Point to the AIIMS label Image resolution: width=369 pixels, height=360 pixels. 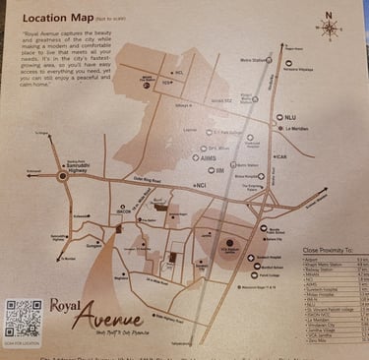coord(208,156)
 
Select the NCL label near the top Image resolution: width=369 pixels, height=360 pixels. coord(178,73)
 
